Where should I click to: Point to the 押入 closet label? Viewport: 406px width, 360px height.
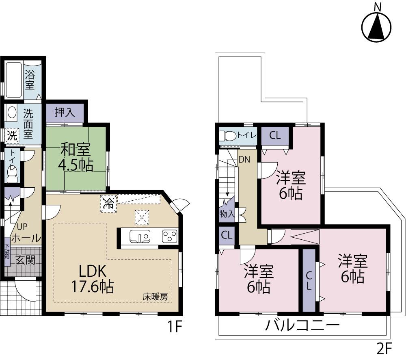click(x=65, y=113)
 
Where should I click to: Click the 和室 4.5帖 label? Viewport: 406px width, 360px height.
click(x=76, y=157)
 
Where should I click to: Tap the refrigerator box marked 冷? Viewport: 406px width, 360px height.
click(x=108, y=203)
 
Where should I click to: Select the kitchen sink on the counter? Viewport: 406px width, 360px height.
click(x=139, y=236)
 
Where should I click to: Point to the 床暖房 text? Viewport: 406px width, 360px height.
click(x=155, y=297)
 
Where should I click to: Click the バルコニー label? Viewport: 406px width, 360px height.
click(x=302, y=326)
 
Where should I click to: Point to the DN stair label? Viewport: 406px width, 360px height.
click(x=244, y=160)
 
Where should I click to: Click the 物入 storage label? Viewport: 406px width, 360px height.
click(x=227, y=213)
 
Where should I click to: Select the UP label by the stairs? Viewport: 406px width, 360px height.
click(x=22, y=227)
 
